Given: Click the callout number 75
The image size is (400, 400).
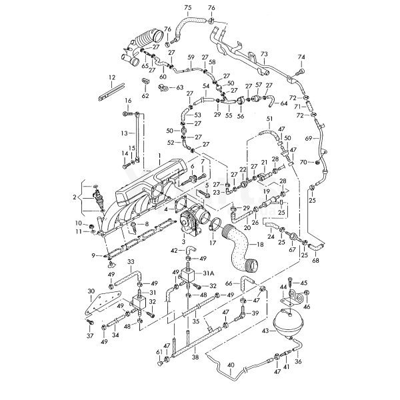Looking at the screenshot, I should point(187,7).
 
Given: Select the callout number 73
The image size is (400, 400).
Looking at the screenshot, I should point(264,54).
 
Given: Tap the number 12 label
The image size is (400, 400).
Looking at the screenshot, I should point(111,77).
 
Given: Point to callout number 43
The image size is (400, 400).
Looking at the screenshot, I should point(265,331).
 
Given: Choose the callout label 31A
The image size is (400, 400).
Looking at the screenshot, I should point(208,274).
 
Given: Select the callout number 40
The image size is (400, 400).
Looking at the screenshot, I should point(230,365).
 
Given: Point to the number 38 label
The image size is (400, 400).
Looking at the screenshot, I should point(195,357).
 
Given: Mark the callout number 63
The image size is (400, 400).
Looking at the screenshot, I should point(179,87).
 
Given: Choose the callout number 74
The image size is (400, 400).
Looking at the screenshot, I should point(301,58).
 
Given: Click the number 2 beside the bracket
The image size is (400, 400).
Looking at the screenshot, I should point(75,198).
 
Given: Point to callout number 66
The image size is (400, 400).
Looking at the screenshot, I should point(228,283).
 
